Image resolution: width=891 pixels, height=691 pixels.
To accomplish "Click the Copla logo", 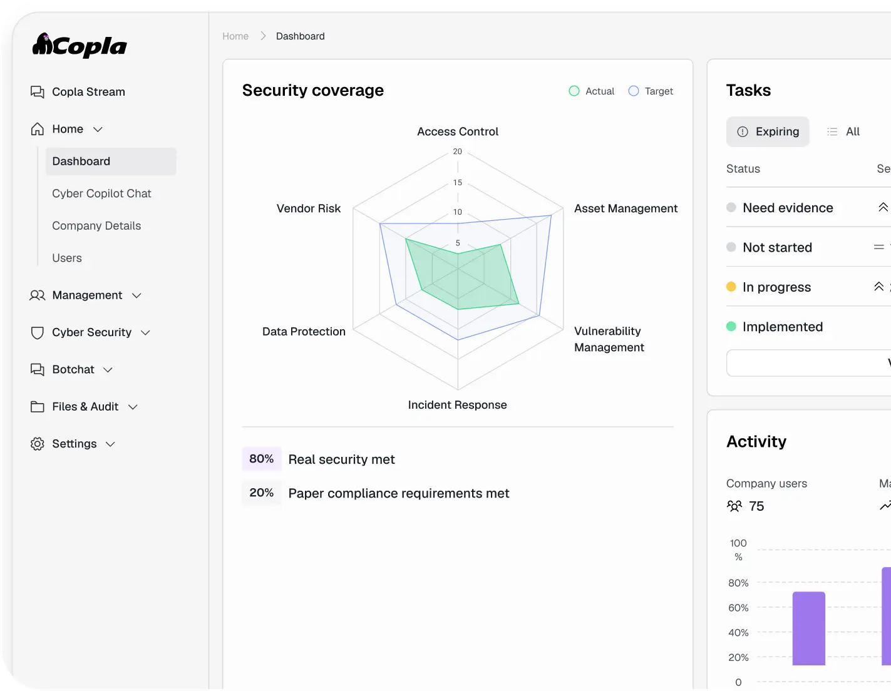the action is coord(80,46).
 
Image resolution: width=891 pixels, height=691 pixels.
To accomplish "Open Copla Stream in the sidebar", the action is coord(88,92).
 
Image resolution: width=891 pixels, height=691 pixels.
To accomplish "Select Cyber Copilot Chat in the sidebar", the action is coord(101,193).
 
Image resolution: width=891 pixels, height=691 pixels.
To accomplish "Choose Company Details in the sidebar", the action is coord(96,226).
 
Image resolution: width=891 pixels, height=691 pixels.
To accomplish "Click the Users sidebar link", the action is coord(67,258).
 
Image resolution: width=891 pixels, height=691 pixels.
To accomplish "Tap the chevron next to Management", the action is coord(136,295).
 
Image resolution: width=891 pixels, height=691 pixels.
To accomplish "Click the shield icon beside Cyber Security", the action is coord(38,332).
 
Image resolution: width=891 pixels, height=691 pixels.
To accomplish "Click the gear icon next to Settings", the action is coord(38,444).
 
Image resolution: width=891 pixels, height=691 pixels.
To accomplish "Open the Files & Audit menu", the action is coord(85,407).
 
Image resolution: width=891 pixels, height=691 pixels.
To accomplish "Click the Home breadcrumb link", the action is coord(235,36).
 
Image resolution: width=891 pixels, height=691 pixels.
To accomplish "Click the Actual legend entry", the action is coord(591,91).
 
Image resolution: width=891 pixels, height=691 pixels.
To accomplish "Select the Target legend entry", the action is coord(651,91).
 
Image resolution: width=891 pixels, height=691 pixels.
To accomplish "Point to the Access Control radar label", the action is coord(458,131).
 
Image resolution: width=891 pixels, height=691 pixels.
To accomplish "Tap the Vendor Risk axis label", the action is coord(308,208).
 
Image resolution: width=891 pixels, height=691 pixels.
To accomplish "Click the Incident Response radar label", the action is coord(457,405).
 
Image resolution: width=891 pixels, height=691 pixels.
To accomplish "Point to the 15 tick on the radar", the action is coord(458,182).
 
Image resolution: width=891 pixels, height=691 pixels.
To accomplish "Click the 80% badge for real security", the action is coord(262,459).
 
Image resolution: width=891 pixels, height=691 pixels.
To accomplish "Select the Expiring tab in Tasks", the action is coord(768,131).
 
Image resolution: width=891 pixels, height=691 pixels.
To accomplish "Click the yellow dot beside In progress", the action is coord(731,287).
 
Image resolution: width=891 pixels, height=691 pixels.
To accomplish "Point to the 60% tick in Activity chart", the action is coord(738,608).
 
